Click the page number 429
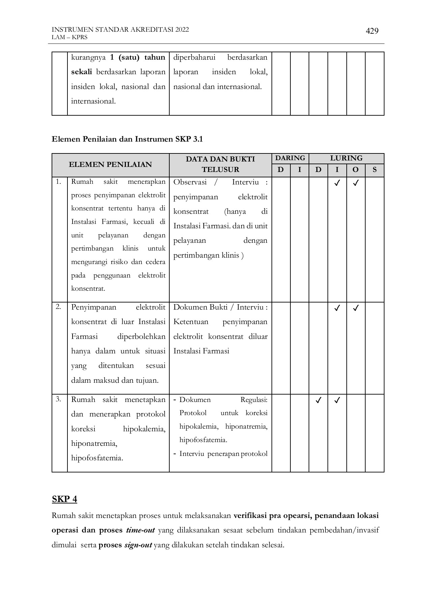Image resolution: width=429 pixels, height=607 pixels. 372,31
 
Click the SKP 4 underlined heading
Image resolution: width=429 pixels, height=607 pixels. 64,499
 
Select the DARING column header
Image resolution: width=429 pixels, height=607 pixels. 290,158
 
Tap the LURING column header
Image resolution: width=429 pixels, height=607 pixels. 346,158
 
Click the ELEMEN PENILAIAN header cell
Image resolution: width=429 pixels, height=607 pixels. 110,165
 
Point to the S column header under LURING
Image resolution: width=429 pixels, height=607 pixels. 374,170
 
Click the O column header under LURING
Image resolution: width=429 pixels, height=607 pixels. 355,170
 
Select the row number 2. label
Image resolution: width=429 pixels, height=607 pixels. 58,307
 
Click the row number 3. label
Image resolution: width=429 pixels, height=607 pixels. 58,399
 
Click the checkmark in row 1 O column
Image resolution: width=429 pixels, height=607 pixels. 355,183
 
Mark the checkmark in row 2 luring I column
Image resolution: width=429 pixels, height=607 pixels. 337,308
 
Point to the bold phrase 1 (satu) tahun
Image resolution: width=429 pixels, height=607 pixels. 138,57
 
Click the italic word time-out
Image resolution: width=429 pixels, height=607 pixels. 140,530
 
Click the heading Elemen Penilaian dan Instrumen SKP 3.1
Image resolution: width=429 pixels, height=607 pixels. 127,139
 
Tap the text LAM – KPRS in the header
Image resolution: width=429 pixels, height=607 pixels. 69,37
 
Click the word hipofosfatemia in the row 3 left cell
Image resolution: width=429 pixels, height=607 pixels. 97,458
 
